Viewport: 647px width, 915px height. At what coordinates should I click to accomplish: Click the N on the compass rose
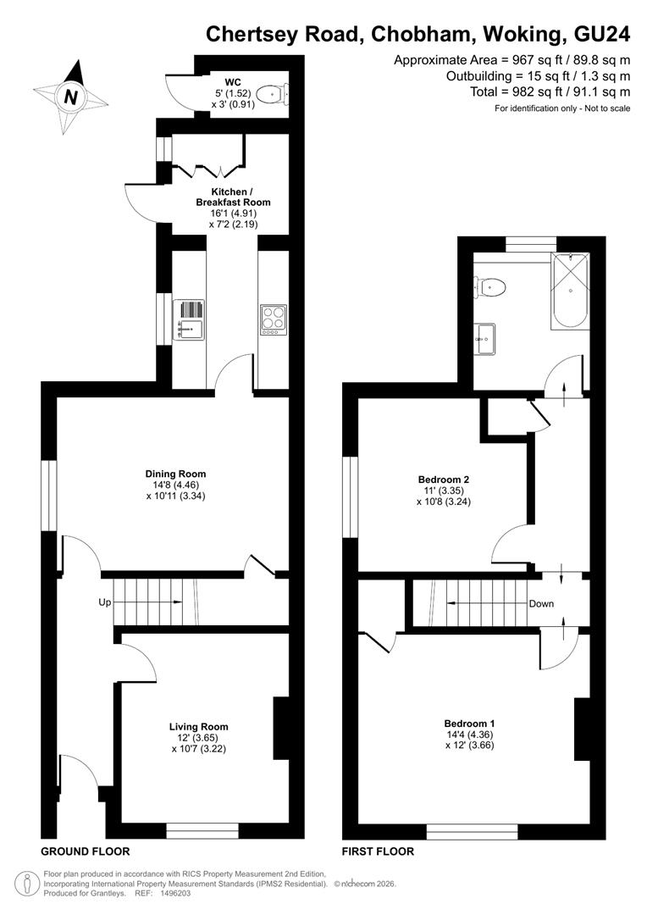[70, 97]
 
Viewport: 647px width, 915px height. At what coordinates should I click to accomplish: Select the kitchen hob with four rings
[274, 319]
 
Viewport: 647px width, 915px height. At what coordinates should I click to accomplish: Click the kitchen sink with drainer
[189, 319]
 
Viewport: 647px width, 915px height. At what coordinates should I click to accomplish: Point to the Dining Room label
[175, 474]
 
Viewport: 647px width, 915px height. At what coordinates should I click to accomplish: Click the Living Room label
[198, 727]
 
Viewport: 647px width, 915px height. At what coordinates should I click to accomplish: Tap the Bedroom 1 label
[470, 723]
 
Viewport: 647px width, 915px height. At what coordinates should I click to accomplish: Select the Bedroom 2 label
[444, 479]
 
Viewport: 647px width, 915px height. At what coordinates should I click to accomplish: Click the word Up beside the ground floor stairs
[104, 602]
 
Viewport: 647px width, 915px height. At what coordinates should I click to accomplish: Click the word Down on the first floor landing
[541, 603]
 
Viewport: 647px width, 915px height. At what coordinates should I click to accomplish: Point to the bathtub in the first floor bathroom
[569, 291]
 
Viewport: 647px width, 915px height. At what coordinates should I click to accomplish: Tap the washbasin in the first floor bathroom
[484, 339]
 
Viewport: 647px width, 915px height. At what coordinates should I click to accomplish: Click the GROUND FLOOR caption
[86, 851]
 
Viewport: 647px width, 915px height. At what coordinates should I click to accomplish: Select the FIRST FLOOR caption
[378, 851]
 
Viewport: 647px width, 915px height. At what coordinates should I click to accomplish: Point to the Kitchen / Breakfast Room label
[234, 197]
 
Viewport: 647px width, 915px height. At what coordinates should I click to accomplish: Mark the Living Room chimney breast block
[281, 728]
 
